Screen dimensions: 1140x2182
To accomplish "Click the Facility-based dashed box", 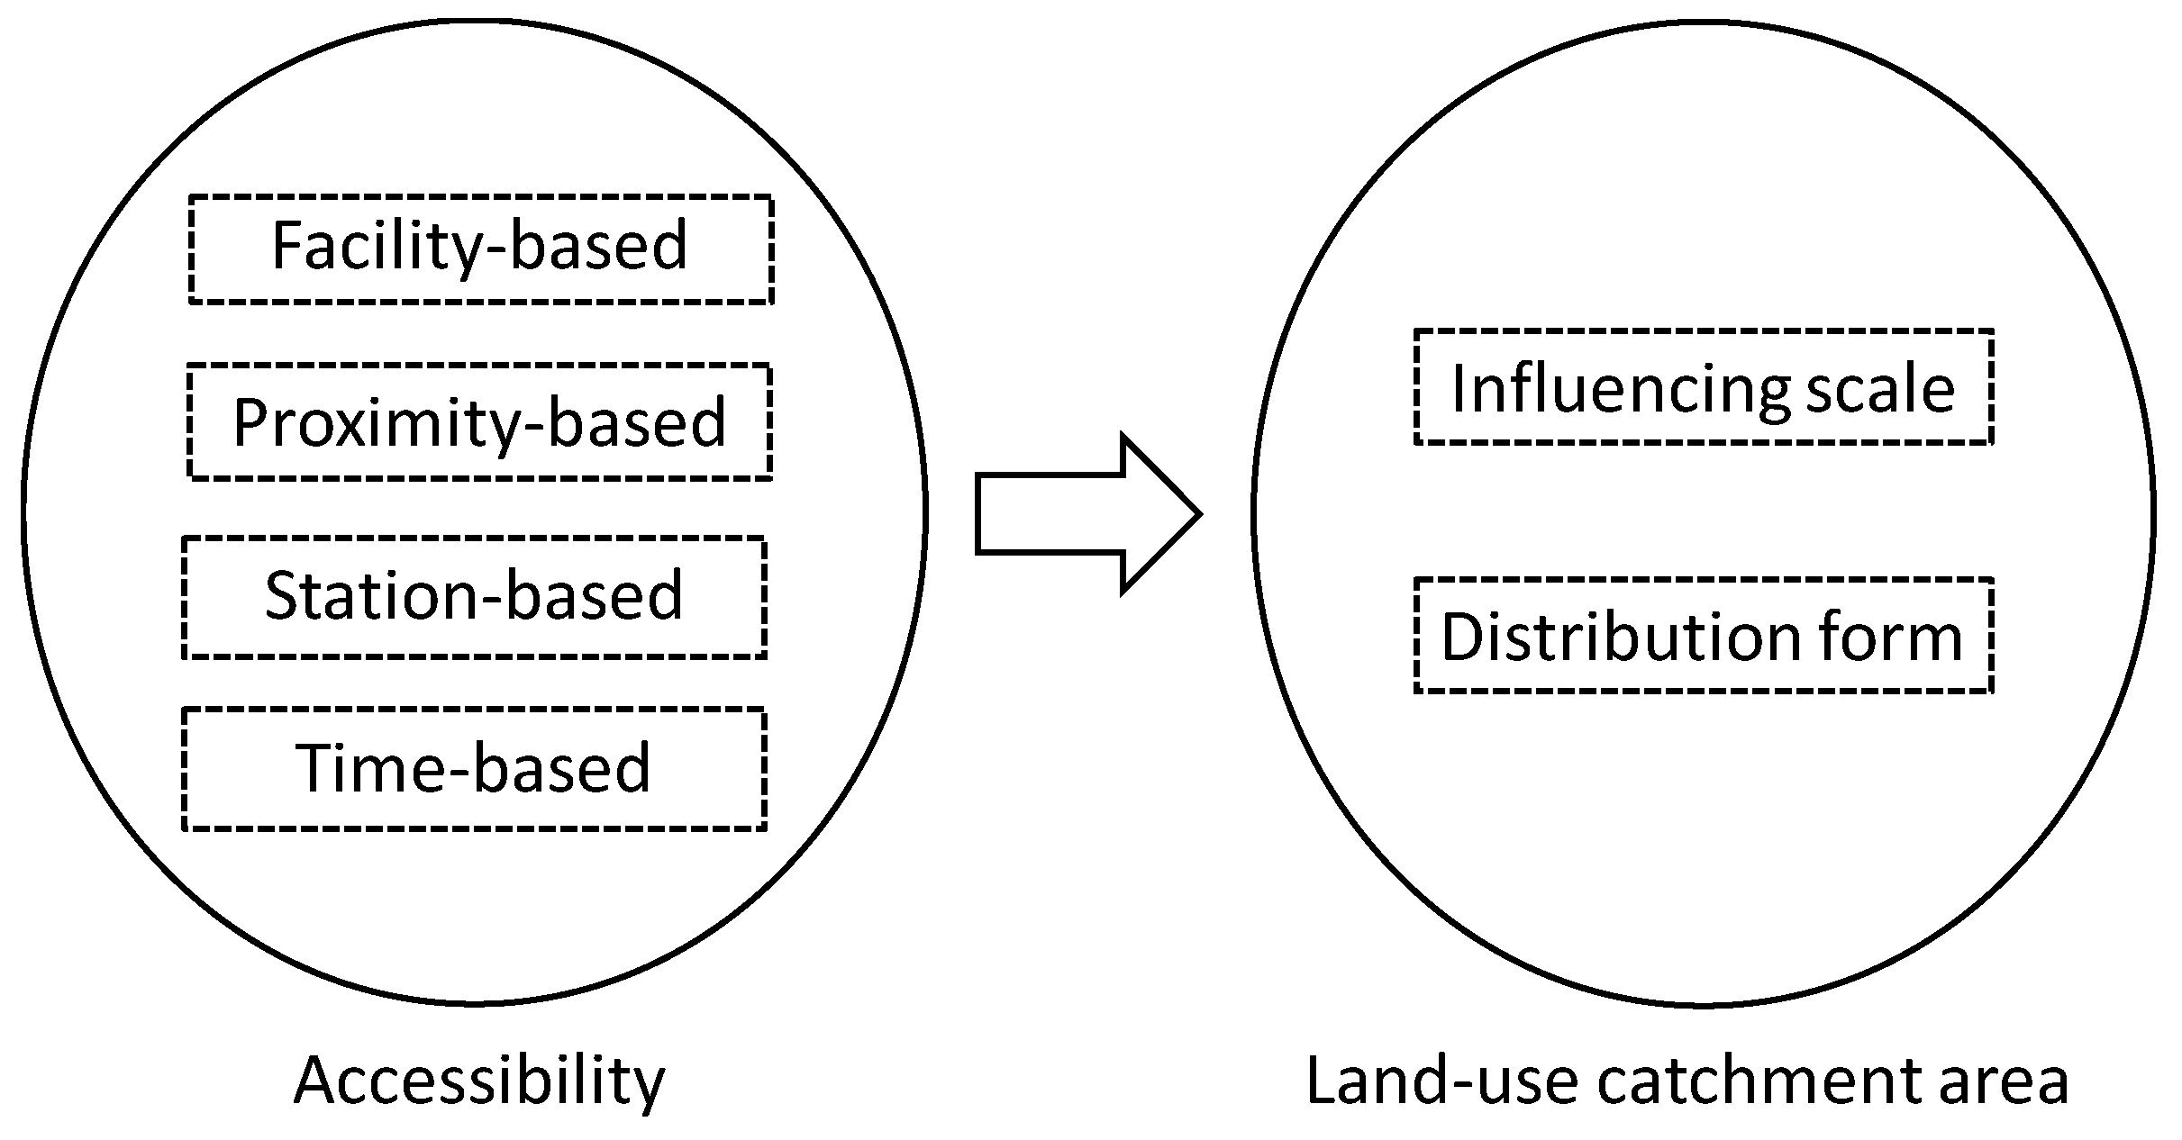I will coord(480,249).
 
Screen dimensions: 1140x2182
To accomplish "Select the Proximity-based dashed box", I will coord(478,421).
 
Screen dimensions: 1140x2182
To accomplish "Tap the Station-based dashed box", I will coord(474,597).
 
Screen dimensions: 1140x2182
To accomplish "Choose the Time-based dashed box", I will coord(474,768).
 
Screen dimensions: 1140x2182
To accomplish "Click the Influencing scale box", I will coord(1703,387).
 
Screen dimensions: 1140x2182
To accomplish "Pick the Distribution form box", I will coord(1703,636).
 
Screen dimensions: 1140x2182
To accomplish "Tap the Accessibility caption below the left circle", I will coord(478,1081).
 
